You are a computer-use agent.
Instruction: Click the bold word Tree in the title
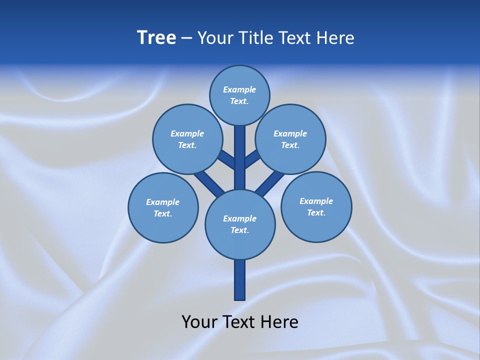click(x=156, y=38)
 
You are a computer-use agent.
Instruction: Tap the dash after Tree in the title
click(x=186, y=38)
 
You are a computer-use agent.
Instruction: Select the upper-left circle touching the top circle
click(x=187, y=139)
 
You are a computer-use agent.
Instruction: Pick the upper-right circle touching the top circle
click(x=290, y=139)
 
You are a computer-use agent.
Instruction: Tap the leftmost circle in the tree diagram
click(x=163, y=208)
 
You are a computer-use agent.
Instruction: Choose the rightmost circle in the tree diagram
click(x=316, y=207)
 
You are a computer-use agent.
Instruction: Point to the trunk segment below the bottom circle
click(x=240, y=280)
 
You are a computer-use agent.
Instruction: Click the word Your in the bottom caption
click(x=199, y=322)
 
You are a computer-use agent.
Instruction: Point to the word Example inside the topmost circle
click(x=239, y=89)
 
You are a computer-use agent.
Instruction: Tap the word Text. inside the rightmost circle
click(x=316, y=212)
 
